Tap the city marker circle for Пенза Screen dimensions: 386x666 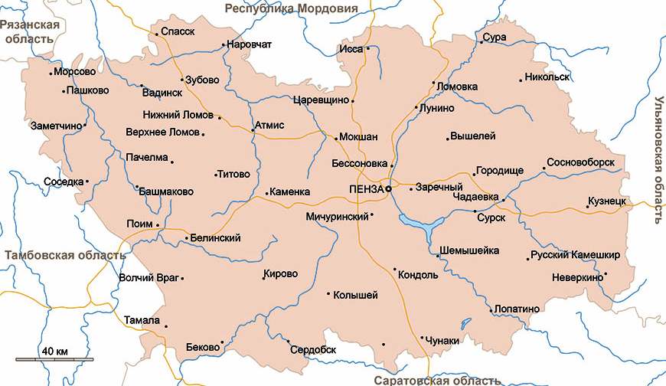point(388,188)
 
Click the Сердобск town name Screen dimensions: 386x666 point(314,349)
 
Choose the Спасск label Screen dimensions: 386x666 point(178,32)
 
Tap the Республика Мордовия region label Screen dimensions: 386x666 point(291,8)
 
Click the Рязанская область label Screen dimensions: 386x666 point(30,31)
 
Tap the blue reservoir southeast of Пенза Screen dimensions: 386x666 point(420,224)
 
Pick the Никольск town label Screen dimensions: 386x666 point(548,77)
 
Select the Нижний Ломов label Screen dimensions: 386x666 point(178,116)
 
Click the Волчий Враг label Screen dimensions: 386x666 point(148,277)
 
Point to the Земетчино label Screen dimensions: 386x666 point(55,126)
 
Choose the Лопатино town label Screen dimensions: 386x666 point(518,309)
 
